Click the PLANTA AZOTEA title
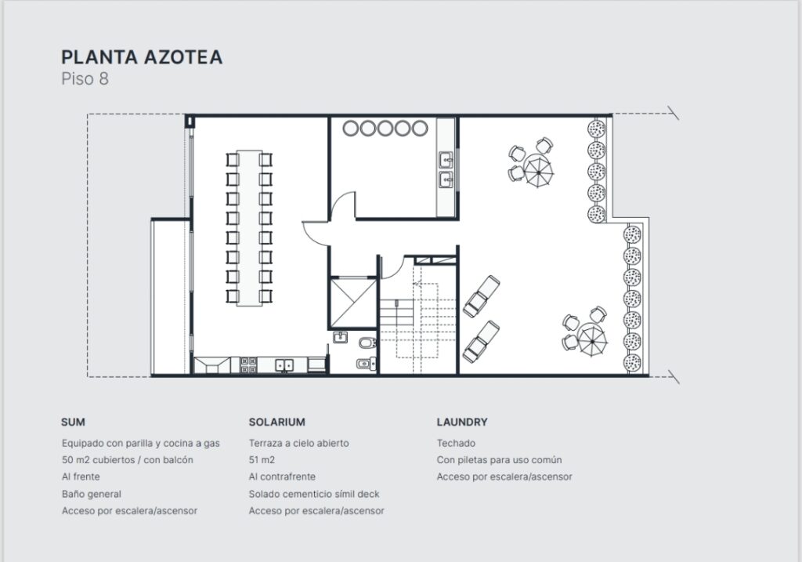(142, 56)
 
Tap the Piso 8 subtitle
(85, 79)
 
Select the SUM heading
(73, 422)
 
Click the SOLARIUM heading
(276, 422)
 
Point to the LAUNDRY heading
(462, 422)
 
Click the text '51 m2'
(262, 459)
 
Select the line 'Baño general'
(92, 494)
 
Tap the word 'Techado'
(456, 444)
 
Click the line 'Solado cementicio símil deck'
(314, 494)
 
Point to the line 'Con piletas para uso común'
(499, 459)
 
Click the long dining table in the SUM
(249, 228)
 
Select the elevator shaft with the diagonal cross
(353, 303)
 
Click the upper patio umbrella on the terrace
(538, 171)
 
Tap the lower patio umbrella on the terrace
(592, 339)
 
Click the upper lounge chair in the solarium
(482, 296)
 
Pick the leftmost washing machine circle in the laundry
(352, 128)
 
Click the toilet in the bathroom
(367, 343)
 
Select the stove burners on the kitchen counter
(248, 365)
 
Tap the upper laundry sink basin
(446, 160)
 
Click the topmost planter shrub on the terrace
(596, 129)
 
